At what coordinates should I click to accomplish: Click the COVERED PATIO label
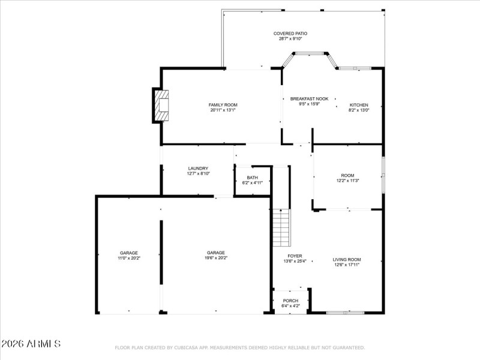(290, 34)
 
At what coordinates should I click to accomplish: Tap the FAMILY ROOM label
(223, 105)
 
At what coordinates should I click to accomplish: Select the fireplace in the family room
(161, 106)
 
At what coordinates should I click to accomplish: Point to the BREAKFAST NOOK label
(309, 98)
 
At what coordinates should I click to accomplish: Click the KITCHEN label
(359, 105)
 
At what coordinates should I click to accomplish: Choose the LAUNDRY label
(198, 169)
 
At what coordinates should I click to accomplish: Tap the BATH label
(252, 178)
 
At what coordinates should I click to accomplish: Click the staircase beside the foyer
(281, 227)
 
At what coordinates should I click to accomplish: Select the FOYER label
(295, 256)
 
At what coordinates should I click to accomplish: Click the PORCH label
(290, 301)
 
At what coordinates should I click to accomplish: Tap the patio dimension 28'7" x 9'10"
(290, 39)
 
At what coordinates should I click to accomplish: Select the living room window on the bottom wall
(345, 312)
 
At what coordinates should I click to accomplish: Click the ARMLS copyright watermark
(31, 344)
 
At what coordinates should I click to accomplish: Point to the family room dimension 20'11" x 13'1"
(223, 110)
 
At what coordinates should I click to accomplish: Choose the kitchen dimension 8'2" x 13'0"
(359, 110)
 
